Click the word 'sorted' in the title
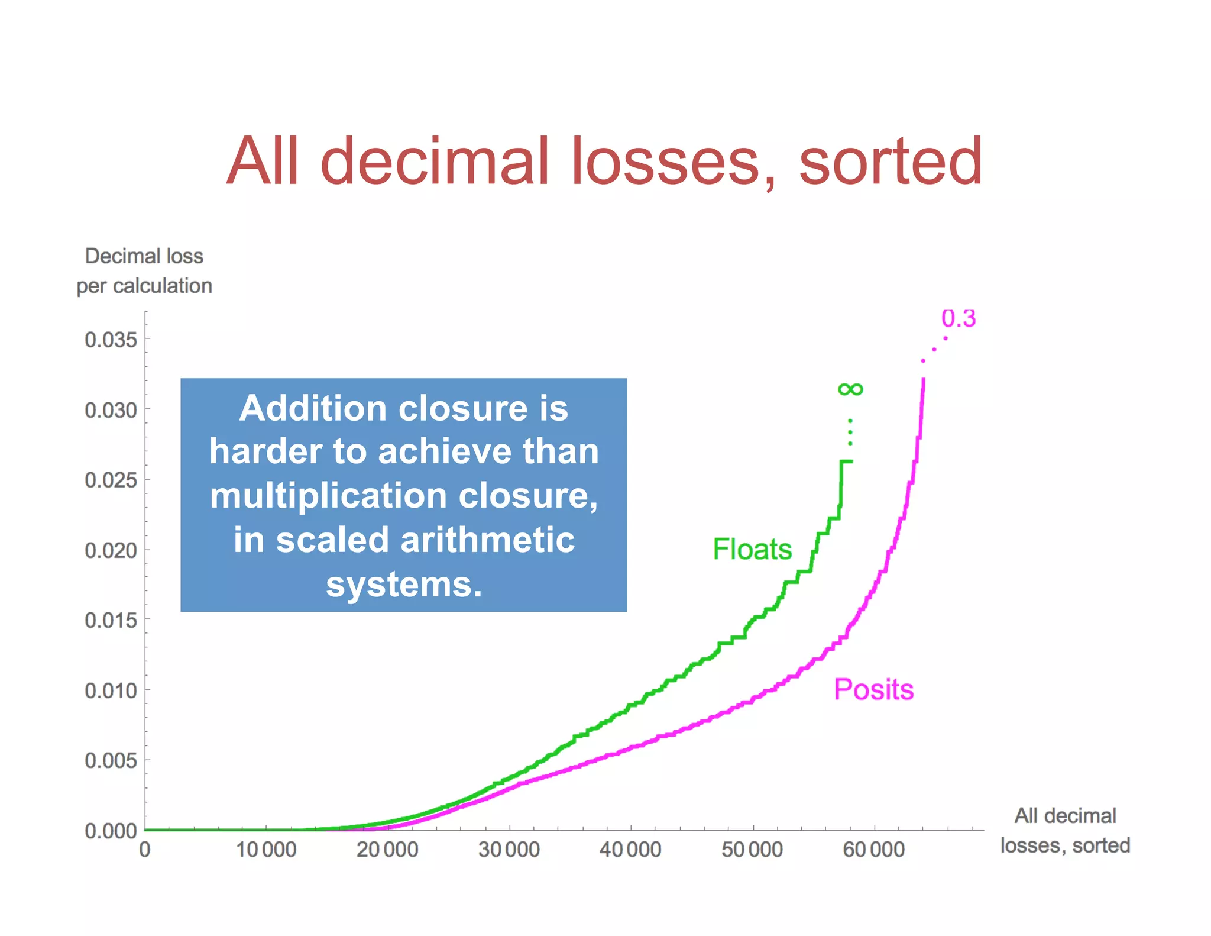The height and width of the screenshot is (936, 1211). click(x=891, y=161)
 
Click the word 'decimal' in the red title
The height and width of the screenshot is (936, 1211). click(x=435, y=161)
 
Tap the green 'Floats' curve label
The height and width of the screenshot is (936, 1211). click(x=752, y=549)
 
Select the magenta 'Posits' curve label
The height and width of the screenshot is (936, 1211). click(x=873, y=689)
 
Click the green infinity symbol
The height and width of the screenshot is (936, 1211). click(x=850, y=389)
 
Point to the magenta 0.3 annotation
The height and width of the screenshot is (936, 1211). click(x=958, y=318)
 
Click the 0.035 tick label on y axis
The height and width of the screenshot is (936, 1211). click(x=111, y=340)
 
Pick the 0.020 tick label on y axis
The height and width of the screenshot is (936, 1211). click(x=111, y=550)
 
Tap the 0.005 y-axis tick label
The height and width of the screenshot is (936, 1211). click(x=111, y=760)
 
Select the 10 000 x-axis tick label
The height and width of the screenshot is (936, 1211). click(x=266, y=850)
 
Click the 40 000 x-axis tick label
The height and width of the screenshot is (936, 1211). click(x=630, y=850)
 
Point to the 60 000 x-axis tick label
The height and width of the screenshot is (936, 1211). click(x=873, y=850)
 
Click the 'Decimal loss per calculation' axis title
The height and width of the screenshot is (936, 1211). click(x=144, y=271)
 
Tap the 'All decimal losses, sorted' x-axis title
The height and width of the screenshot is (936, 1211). click(x=1065, y=830)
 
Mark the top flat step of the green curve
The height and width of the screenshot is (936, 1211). click(x=847, y=461)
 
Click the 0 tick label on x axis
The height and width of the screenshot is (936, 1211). click(x=145, y=850)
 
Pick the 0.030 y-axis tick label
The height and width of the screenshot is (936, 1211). click(x=111, y=410)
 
